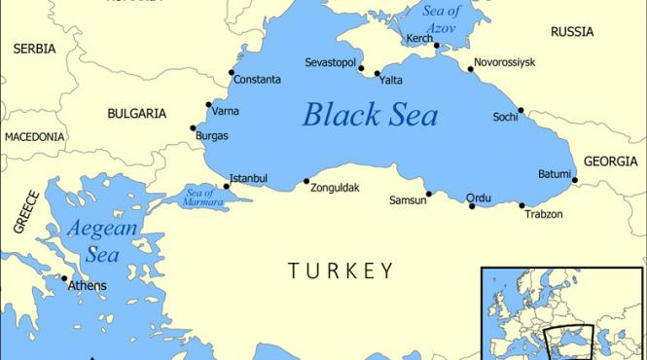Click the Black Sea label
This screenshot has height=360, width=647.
pyautogui.click(x=370, y=115)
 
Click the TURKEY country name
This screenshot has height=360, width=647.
pyautogui.click(x=341, y=270)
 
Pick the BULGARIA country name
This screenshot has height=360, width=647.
pyautogui.click(x=136, y=114)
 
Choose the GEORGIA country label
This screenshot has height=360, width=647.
pyautogui.click(x=611, y=162)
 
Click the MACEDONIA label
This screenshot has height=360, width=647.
pyautogui.click(x=34, y=138)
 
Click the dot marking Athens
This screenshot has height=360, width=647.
pyautogui.click(x=65, y=282)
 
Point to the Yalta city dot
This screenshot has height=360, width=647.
pyautogui.click(x=377, y=72)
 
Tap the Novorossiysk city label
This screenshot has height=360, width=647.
pyautogui.click(x=504, y=62)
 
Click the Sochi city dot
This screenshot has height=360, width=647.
pyautogui.click(x=521, y=110)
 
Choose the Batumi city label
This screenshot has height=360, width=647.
pyautogui.click(x=555, y=174)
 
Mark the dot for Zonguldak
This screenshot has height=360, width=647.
pyautogui.click(x=307, y=181)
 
